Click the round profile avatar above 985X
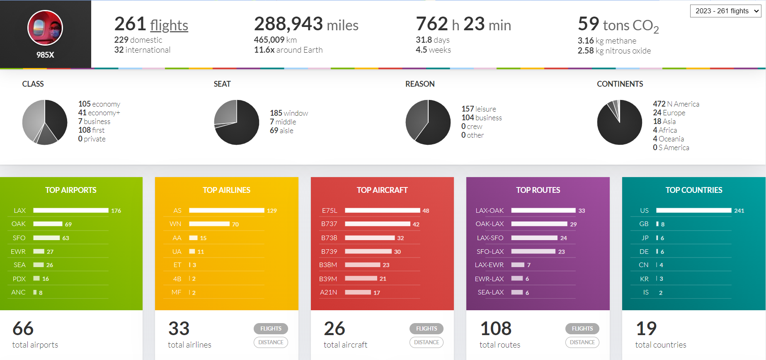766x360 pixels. (45, 28)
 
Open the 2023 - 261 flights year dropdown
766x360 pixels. (725, 11)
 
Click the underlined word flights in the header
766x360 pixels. (169, 25)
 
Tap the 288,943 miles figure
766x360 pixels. (306, 24)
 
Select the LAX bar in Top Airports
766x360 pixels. (71, 210)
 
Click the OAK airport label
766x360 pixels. (19, 224)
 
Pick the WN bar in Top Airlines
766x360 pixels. (209, 224)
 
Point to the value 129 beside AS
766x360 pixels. (272, 211)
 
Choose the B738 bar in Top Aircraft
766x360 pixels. (370, 238)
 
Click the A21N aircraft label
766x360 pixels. (328, 292)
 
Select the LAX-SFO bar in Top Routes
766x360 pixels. (534, 238)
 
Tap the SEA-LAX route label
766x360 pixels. (491, 292)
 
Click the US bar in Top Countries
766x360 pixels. (694, 210)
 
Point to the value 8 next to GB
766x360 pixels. (663, 224)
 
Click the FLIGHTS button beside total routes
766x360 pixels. (582, 328)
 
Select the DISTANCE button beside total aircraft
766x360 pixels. (427, 342)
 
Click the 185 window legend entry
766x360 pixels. (289, 113)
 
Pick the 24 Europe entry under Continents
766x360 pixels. (669, 113)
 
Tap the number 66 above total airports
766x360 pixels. (23, 328)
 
